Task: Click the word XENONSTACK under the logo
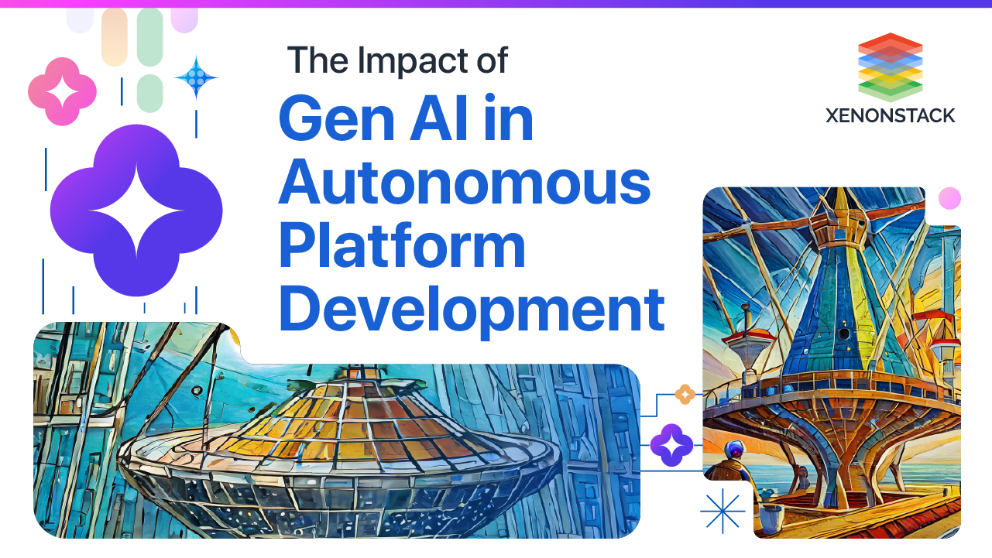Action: coord(890,116)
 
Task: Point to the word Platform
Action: coord(402,246)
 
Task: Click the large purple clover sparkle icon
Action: coord(136,211)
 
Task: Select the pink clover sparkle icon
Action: coord(62,91)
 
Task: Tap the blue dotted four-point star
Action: coord(197,77)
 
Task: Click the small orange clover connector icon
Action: coord(685,395)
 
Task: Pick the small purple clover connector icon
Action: coord(671,445)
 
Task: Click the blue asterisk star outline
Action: coord(722,512)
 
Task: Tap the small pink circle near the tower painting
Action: coord(949,199)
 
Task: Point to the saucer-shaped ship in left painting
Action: coord(341,449)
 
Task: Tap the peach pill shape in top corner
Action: coord(114,36)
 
